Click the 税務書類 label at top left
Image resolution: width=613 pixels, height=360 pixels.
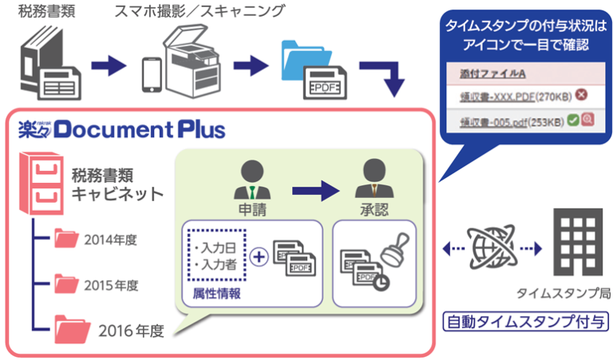click(43, 13)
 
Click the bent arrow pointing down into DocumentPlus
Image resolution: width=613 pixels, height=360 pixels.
click(382, 75)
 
